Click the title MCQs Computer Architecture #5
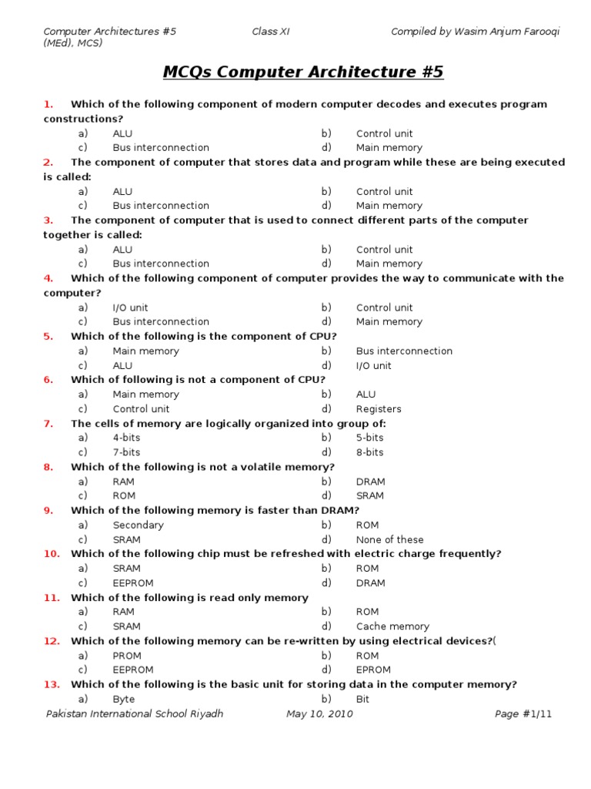[x=303, y=72]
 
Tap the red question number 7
[x=48, y=424]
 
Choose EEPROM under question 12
[x=133, y=670]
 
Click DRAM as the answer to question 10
[x=370, y=583]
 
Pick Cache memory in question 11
[x=392, y=626]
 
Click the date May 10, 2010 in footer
[x=319, y=714]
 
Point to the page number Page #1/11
[x=523, y=714]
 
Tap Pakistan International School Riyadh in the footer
[x=135, y=714]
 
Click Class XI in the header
[x=271, y=32]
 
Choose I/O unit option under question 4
[x=130, y=307]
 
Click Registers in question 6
[x=379, y=409]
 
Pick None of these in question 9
[x=389, y=539]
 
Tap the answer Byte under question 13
[x=123, y=699]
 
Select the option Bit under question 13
[x=362, y=699]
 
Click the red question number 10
[x=51, y=554]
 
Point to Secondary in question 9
[x=138, y=525]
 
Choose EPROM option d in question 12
[x=373, y=670]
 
